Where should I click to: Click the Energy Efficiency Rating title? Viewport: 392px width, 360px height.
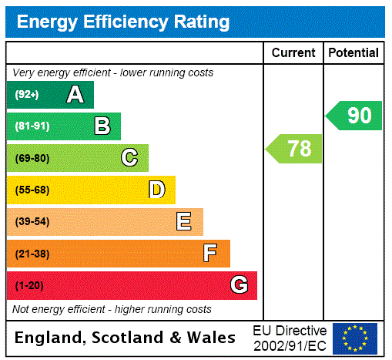point(123,22)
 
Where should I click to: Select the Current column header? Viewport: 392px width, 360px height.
point(293,53)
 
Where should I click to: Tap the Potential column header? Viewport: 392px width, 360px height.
point(353,53)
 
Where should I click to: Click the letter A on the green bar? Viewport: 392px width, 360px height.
point(75,95)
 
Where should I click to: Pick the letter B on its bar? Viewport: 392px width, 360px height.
point(102,126)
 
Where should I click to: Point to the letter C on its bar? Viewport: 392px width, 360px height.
point(129,158)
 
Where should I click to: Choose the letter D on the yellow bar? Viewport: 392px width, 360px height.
point(157,190)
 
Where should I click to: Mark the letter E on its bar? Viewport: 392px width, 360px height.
point(184,222)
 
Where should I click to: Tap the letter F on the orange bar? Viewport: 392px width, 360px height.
point(210,254)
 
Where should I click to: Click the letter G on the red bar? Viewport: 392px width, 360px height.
point(239,285)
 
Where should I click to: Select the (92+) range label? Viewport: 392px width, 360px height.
point(27,95)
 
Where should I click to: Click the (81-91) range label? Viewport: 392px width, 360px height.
point(32,126)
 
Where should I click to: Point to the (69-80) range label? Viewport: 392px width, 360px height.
point(32,158)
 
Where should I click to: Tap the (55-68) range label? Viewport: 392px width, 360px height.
point(32,190)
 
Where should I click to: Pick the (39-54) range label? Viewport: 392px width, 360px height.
point(32,222)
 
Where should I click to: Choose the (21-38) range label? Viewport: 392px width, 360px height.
point(32,254)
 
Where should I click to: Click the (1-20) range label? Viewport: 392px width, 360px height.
point(29,285)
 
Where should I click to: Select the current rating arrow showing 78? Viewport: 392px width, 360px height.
point(295,148)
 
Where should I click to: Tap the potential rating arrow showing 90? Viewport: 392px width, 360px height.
point(354,116)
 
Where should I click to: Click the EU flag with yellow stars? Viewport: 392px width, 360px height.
point(355,338)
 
